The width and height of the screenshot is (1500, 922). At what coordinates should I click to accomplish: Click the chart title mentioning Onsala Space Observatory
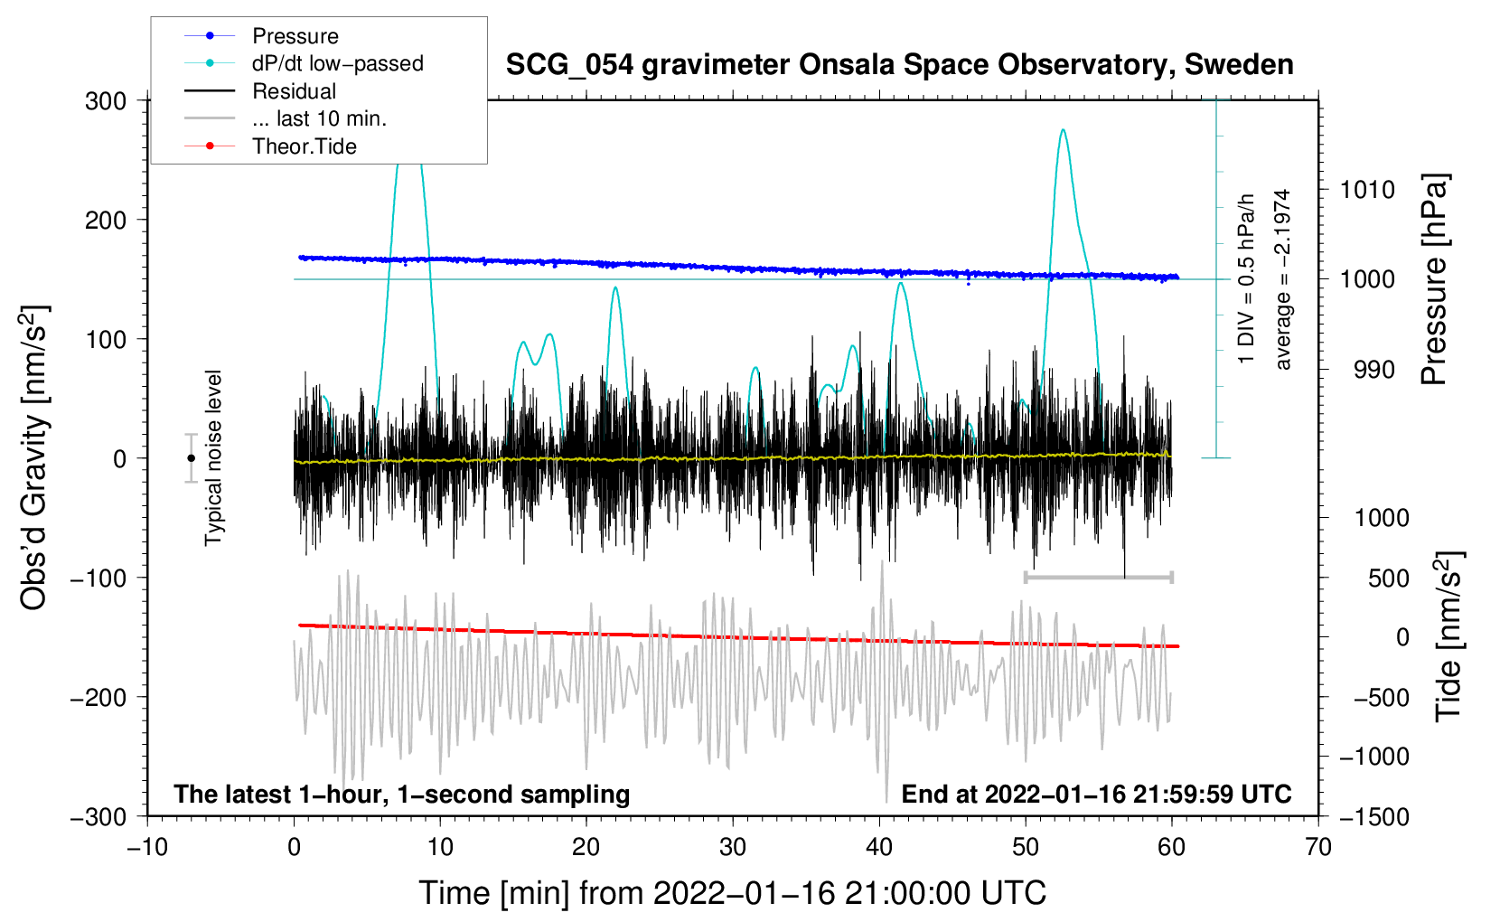click(899, 65)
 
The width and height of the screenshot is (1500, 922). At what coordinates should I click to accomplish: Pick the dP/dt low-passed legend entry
click(337, 63)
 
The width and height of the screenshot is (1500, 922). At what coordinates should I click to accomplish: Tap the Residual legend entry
click(294, 91)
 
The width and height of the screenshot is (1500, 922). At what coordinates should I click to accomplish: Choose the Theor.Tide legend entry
click(304, 146)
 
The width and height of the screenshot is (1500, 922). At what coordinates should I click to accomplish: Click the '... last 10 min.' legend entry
click(319, 118)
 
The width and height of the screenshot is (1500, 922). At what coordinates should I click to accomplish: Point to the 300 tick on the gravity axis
click(106, 100)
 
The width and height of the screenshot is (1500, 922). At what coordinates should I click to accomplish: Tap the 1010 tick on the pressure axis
click(1367, 190)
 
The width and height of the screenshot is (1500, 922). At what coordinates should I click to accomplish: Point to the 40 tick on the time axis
click(879, 847)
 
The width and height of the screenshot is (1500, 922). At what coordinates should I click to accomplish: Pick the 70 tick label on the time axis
click(1318, 847)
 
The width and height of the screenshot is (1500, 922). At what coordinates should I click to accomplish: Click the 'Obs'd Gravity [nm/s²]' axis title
click(34, 457)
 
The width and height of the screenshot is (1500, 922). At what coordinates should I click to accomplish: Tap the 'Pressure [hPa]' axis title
click(1434, 280)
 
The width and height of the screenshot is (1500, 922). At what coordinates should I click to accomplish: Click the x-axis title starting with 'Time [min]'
click(732, 893)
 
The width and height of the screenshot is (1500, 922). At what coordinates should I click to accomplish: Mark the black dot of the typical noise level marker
click(191, 458)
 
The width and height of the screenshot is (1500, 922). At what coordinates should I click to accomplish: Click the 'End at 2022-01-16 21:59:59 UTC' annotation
click(1096, 794)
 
